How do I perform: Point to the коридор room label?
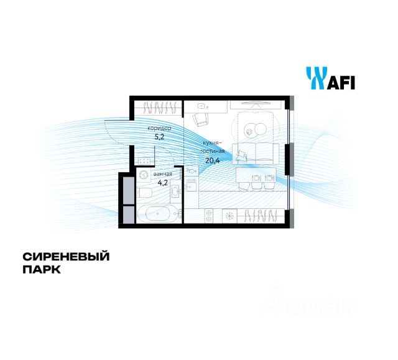pyautogui.click(x=159, y=128)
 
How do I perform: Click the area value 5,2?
pyautogui.click(x=159, y=137)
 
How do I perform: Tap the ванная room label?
pyautogui.click(x=162, y=174)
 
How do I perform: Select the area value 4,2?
pyautogui.click(x=162, y=183)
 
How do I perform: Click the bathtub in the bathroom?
pyautogui.click(x=160, y=215)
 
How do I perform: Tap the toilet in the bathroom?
pyautogui.click(x=144, y=195)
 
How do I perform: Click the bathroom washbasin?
pyautogui.click(x=175, y=192)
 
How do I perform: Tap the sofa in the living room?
pyautogui.click(x=257, y=152)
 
